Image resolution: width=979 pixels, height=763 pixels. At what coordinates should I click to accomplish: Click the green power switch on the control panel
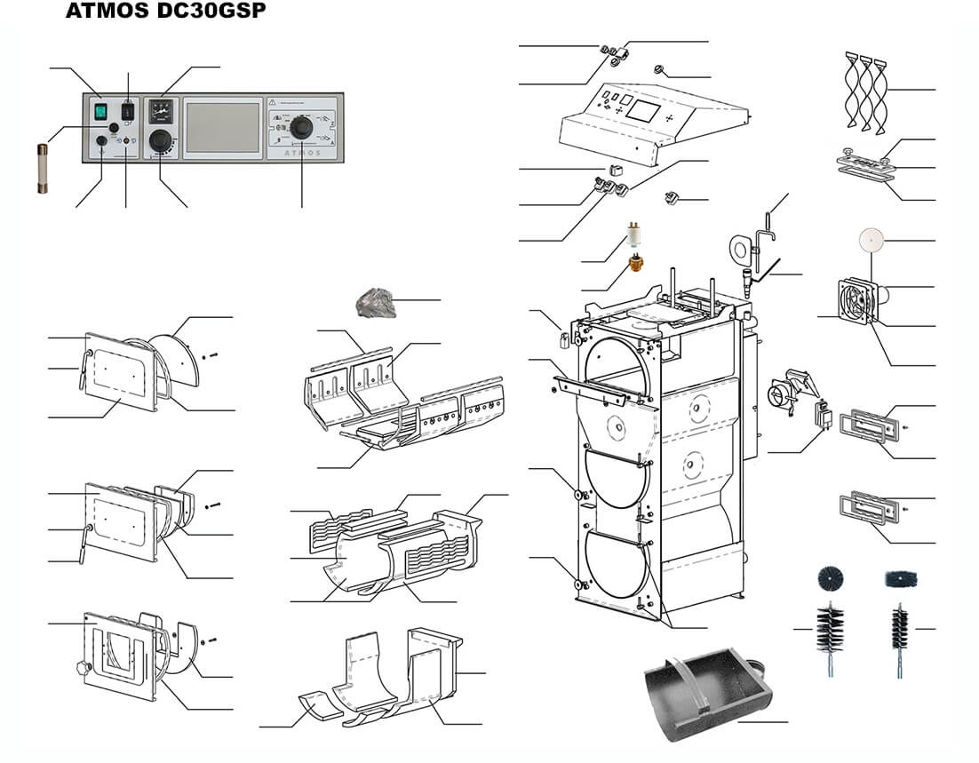pos(100,112)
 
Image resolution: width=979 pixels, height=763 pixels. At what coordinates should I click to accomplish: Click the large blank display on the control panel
pos(222,127)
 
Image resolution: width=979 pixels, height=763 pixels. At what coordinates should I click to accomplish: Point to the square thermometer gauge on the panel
pos(162,112)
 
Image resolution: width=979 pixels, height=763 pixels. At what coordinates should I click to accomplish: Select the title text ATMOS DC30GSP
pos(165,14)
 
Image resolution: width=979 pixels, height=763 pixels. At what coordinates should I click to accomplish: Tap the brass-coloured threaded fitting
pos(635,263)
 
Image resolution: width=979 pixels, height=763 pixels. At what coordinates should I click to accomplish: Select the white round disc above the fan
pos(872,239)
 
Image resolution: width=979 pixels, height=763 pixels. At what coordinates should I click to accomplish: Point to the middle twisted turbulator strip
pos(865,89)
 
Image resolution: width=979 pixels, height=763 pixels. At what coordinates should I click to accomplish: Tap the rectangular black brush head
pos(900,579)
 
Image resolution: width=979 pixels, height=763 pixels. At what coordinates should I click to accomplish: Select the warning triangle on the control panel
pos(274,102)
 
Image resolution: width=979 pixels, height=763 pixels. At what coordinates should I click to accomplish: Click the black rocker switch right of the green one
pos(128,112)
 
